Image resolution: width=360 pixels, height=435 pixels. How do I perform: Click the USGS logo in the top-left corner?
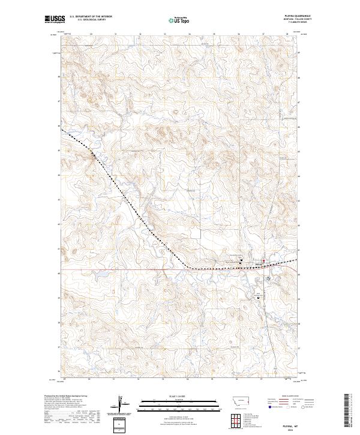tap(55, 19)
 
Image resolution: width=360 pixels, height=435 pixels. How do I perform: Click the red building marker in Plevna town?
tap(263, 261)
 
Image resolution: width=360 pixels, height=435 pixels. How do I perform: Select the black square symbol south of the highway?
tap(259, 298)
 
